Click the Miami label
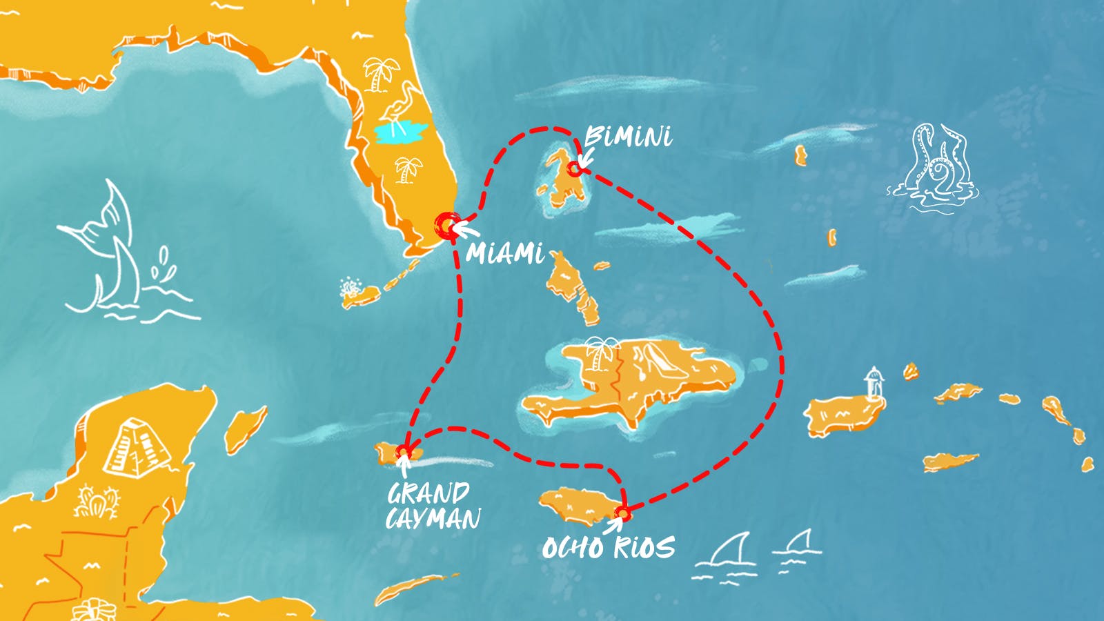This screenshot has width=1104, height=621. (x=505, y=253)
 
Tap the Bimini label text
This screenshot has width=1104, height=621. (x=628, y=137)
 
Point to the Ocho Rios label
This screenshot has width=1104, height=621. (x=608, y=548)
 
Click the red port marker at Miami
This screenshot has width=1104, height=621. (x=447, y=224)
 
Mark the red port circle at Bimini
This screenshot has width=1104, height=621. (x=574, y=168)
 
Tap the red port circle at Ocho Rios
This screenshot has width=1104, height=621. (x=622, y=513)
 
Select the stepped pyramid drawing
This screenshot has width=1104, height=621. (x=137, y=446)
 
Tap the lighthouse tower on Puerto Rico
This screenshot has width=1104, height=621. (x=875, y=384)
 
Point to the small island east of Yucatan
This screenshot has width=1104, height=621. (x=246, y=428)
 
